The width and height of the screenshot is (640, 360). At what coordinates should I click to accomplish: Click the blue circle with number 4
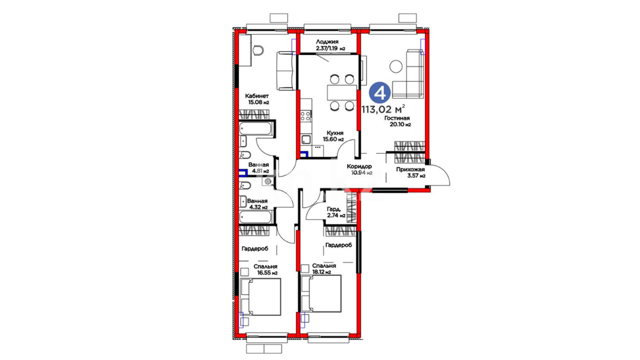click(380, 93)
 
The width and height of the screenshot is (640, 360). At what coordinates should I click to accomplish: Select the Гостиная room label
click(397, 118)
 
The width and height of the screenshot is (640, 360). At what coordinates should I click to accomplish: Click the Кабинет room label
click(257, 96)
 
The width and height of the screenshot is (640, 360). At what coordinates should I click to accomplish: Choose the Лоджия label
click(327, 42)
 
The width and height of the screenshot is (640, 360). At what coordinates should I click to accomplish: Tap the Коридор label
click(359, 166)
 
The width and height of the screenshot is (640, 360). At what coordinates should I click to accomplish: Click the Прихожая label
click(410, 169)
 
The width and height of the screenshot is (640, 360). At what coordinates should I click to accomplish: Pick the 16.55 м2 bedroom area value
click(267, 273)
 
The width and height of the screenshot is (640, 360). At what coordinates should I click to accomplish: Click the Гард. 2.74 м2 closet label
click(336, 212)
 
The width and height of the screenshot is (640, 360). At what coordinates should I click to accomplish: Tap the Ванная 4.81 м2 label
click(259, 168)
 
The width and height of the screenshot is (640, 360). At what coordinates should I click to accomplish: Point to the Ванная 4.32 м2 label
click(257, 204)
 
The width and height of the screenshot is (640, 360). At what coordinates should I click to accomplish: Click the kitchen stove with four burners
click(306, 116)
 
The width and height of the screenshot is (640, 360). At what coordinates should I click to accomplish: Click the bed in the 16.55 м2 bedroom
click(260, 297)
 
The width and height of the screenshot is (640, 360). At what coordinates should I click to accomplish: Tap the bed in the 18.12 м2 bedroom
click(321, 294)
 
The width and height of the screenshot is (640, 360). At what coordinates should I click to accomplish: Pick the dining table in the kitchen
click(341, 93)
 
